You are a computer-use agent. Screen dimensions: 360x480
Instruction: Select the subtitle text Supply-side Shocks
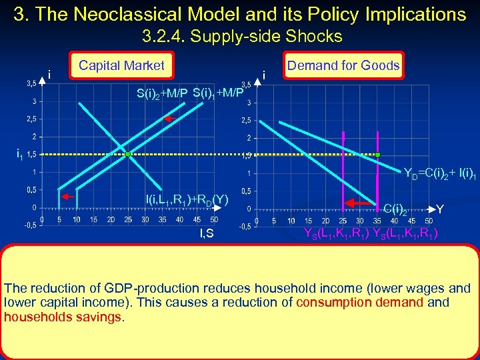click(266, 36)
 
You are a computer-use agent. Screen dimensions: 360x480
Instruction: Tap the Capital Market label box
click(121, 65)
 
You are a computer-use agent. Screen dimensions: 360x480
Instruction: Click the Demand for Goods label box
click(343, 65)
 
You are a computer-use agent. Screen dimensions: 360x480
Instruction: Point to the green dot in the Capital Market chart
click(128, 154)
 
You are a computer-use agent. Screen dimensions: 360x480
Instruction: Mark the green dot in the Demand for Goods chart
click(377, 154)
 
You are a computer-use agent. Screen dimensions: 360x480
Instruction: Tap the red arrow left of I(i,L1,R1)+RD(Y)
click(67, 197)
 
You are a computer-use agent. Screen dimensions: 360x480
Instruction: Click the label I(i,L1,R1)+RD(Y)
click(187, 198)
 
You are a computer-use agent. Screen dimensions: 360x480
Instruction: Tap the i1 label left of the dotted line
click(21, 155)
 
